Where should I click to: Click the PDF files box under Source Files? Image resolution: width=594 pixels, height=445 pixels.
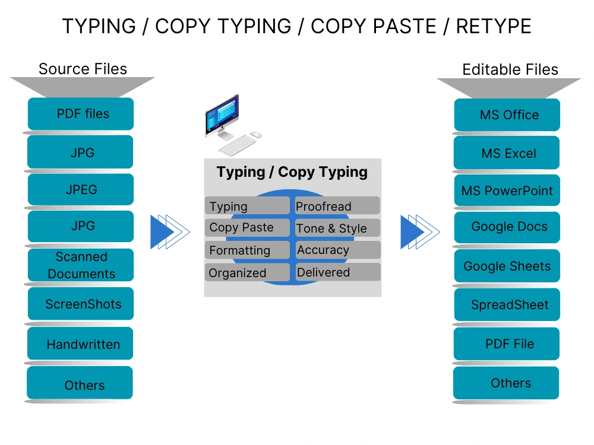[81, 114]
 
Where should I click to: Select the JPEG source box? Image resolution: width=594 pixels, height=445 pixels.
[81, 190]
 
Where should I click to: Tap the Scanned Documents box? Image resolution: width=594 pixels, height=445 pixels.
[81, 265]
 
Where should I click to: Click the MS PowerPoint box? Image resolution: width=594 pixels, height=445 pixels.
[507, 191]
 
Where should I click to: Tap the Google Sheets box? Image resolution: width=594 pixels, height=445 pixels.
[507, 266]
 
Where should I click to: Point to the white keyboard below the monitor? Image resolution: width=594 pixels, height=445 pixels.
[236, 145]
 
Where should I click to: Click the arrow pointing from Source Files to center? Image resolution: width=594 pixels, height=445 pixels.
[169, 231]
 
